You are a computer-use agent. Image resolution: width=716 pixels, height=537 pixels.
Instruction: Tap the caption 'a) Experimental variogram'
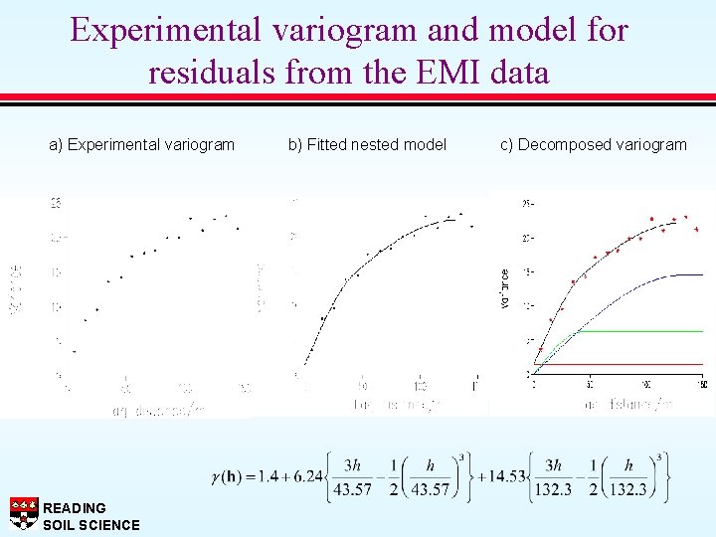point(142,145)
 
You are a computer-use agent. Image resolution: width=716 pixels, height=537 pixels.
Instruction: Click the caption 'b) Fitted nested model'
point(367,145)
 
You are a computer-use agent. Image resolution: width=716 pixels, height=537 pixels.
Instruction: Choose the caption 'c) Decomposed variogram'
point(594,145)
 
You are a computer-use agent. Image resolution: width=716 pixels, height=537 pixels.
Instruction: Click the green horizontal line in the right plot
point(646,330)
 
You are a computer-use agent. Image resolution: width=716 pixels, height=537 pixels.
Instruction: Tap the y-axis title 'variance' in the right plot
point(505,287)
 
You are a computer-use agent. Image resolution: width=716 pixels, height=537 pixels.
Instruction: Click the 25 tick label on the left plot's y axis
point(56,203)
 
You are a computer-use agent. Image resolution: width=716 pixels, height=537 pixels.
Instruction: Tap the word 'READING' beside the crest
point(75,508)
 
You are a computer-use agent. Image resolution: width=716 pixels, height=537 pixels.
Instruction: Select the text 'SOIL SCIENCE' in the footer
point(91,525)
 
